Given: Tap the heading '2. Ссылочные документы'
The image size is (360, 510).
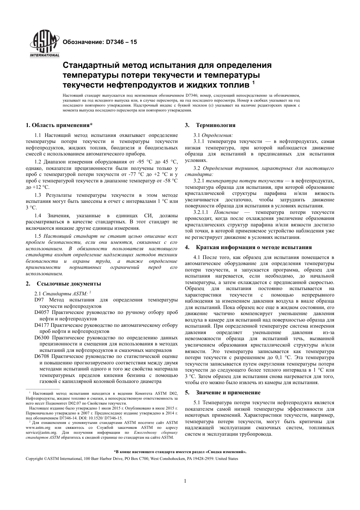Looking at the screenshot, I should [63, 283].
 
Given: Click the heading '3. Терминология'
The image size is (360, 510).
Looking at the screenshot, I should [210, 125].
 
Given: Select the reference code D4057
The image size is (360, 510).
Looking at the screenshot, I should [42, 312].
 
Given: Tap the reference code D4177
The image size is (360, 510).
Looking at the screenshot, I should [42, 325].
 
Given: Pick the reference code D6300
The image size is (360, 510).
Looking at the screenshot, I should [42, 337].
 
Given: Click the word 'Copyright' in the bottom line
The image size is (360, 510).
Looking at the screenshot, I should [34, 458].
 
